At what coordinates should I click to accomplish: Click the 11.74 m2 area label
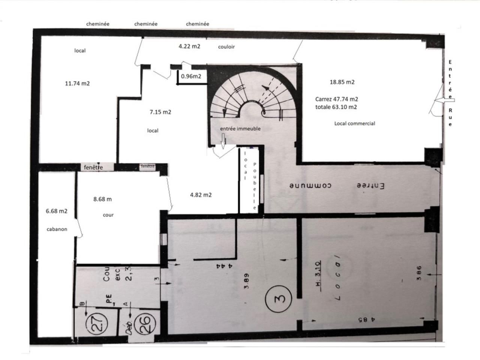[77, 84]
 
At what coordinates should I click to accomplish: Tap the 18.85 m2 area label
[342, 82]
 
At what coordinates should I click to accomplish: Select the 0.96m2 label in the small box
[191, 76]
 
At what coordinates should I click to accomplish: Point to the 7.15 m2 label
[160, 112]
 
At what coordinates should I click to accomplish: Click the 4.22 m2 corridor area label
[189, 46]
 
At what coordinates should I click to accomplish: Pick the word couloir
[226, 47]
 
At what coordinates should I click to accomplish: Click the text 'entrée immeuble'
[240, 129]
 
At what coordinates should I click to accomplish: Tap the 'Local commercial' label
[354, 123]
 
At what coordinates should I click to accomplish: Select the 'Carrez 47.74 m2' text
[336, 99]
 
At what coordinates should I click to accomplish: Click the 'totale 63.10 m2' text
[336, 107]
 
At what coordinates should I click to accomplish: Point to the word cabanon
[57, 229]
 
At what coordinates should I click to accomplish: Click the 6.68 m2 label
[57, 211]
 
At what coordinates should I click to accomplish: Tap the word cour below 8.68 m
[108, 215]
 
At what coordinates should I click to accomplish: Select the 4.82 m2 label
[201, 195]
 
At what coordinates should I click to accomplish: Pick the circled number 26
[144, 322]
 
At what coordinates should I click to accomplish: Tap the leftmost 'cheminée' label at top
[97, 24]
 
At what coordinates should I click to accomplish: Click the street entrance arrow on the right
[445, 100]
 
